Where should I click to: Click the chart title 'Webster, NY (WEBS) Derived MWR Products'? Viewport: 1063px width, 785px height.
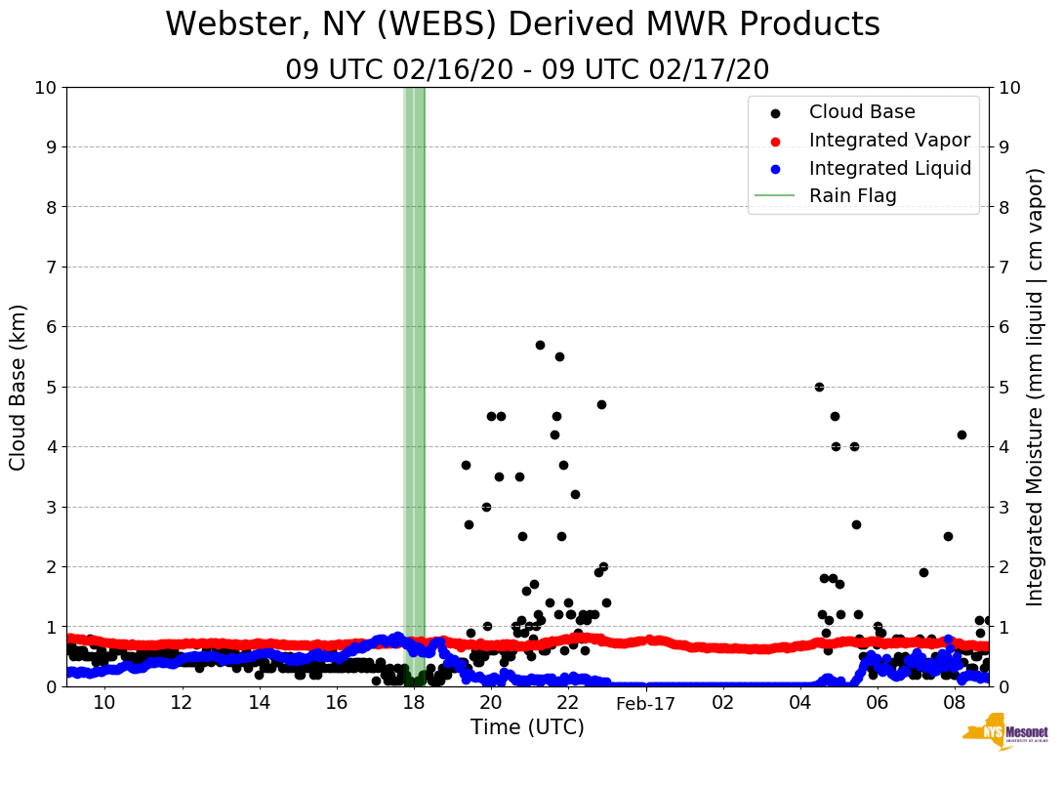tap(522, 25)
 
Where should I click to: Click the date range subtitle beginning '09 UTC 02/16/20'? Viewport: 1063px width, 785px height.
tap(527, 70)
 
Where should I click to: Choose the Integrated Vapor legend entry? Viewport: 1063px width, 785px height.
tap(889, 141)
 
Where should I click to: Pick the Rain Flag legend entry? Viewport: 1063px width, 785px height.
tap(852, 196)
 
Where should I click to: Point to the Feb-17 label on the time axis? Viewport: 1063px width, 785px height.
tap(646, 703)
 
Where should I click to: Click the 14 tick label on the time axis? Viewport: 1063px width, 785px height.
tap(259, 703)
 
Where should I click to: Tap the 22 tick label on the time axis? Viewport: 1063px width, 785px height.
tap(568, 703)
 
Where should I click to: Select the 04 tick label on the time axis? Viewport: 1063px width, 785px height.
tap(800, 703)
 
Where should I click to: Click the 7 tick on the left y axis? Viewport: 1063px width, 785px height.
tap(51, 267)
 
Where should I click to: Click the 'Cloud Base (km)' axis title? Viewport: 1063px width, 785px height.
tap(19, 387)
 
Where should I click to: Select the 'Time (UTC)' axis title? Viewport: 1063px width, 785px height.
tap(527, 727)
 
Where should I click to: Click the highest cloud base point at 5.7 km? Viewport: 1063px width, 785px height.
tap(540, 345)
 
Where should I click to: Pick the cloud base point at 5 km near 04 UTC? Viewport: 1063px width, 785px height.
tap(819, 387)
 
